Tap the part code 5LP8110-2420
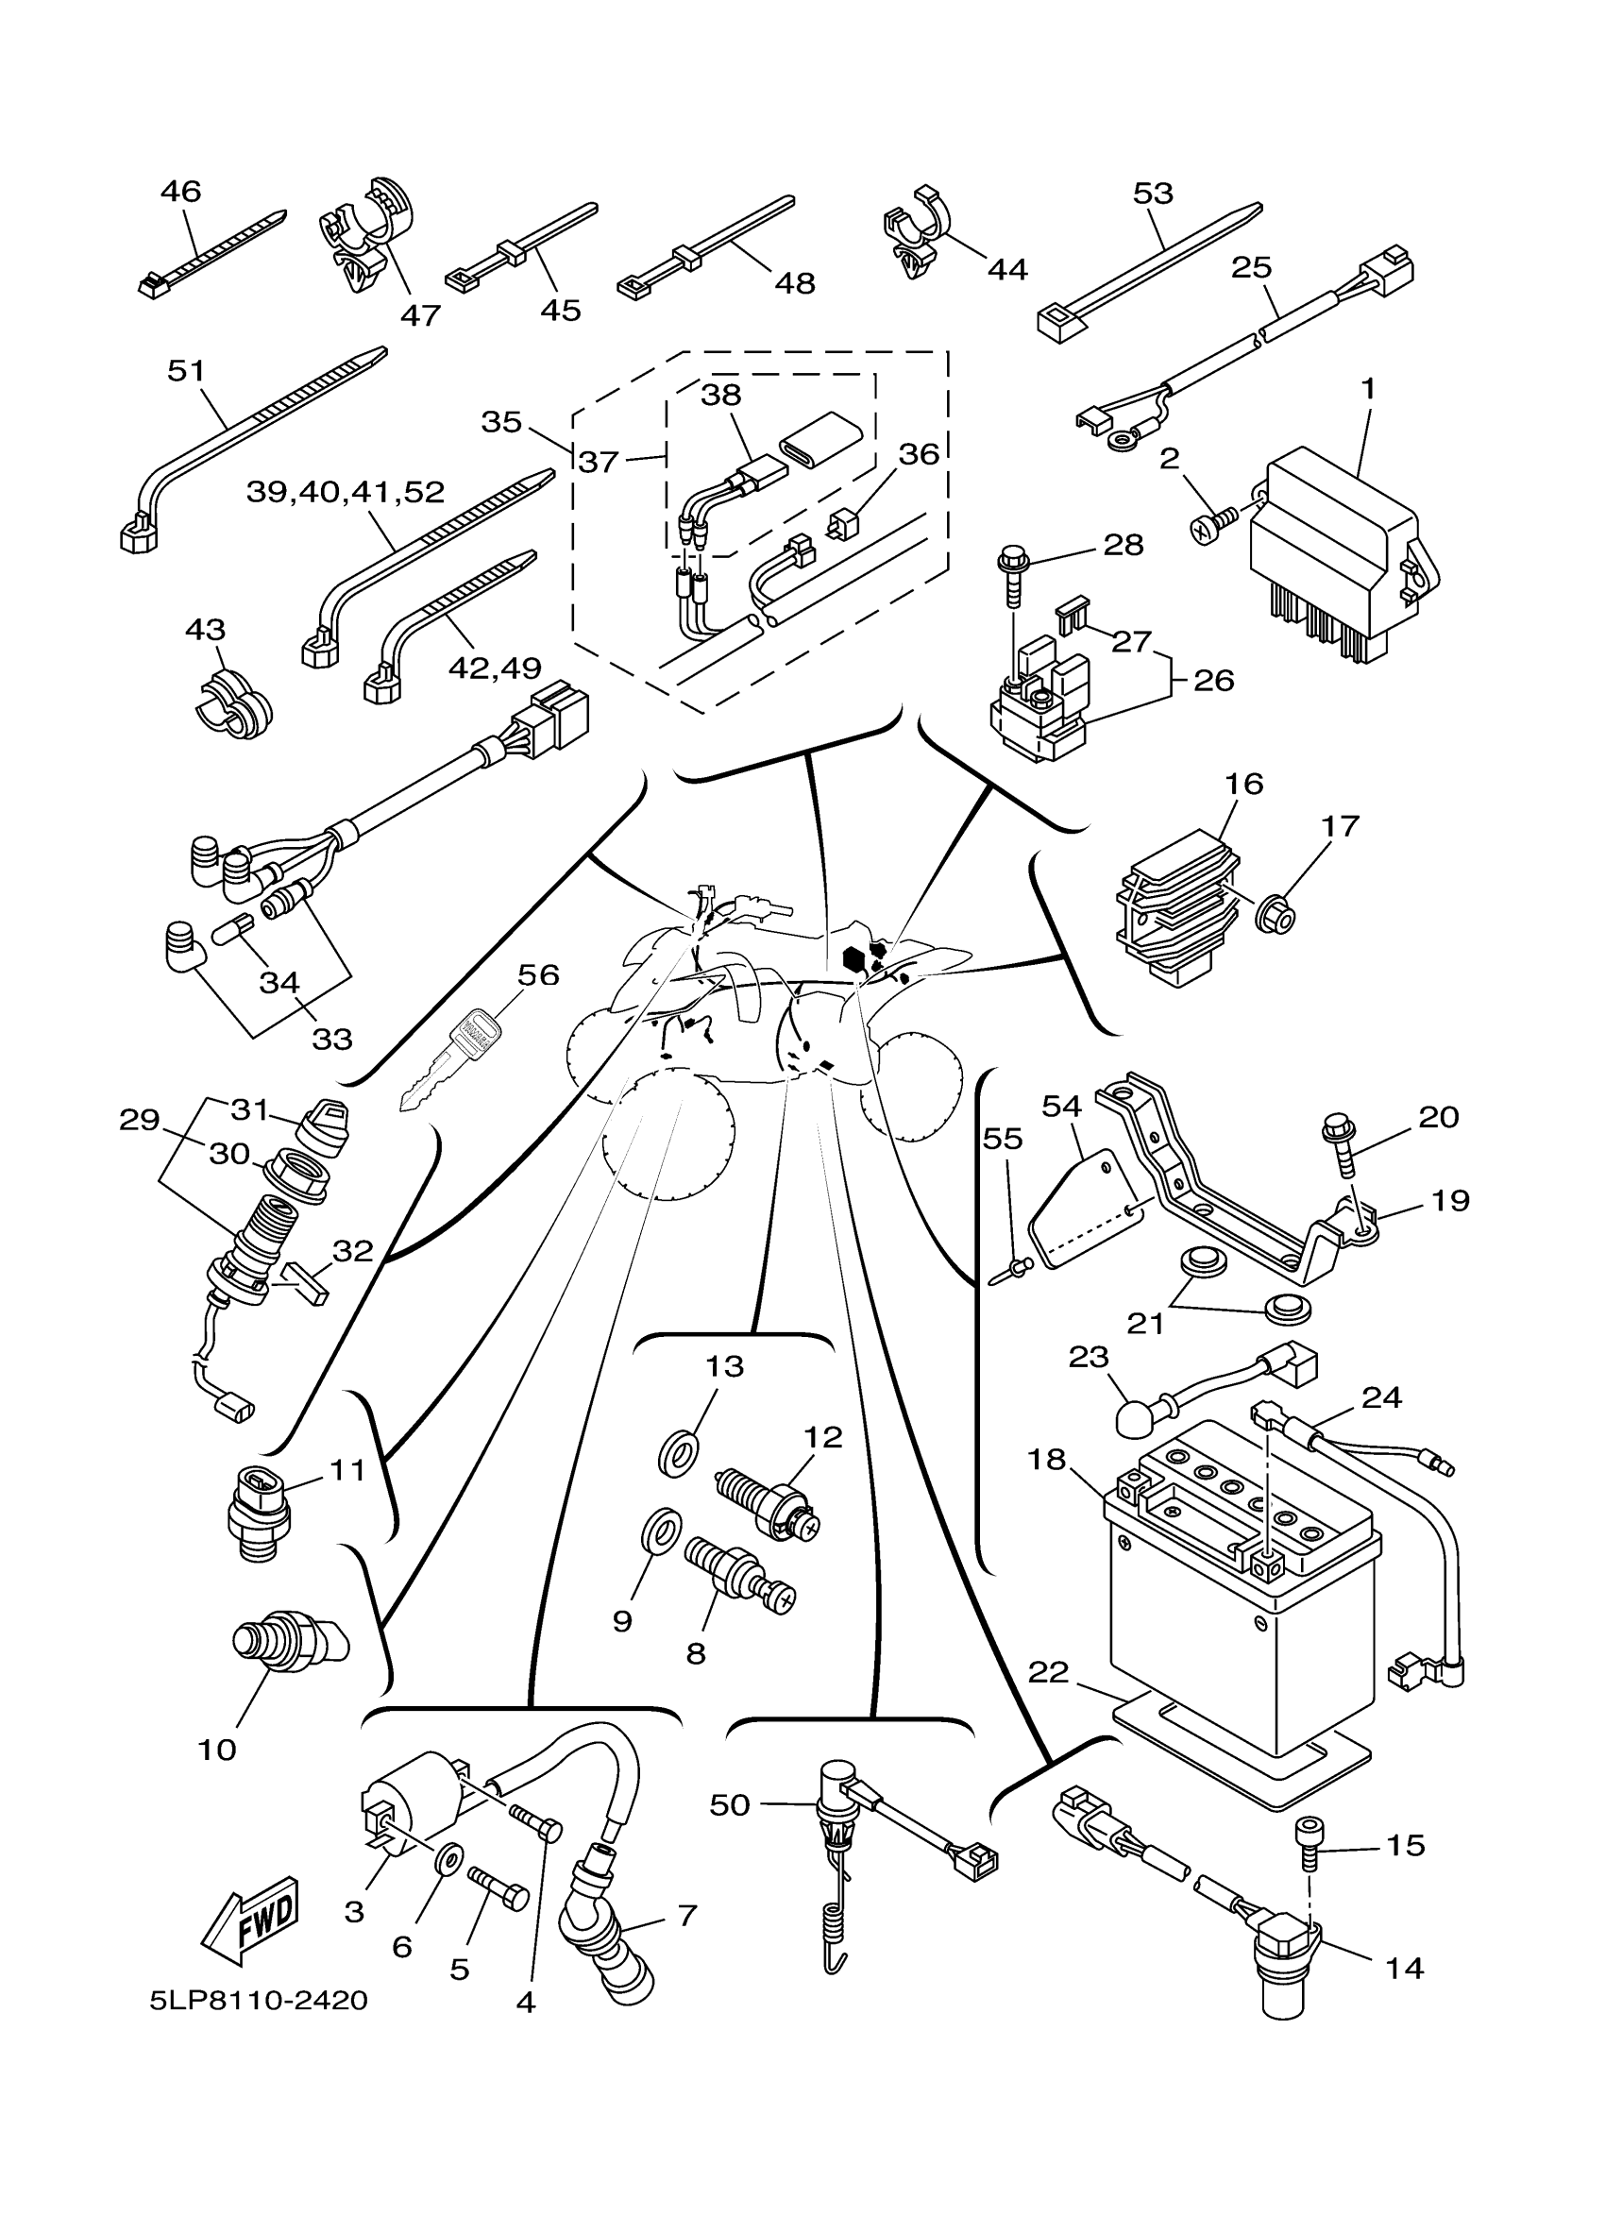(259, 2000)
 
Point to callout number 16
(1243, 784)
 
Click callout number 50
(730, 1804)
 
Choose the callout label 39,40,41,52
(346, 492)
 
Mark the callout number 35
(501, 422)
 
